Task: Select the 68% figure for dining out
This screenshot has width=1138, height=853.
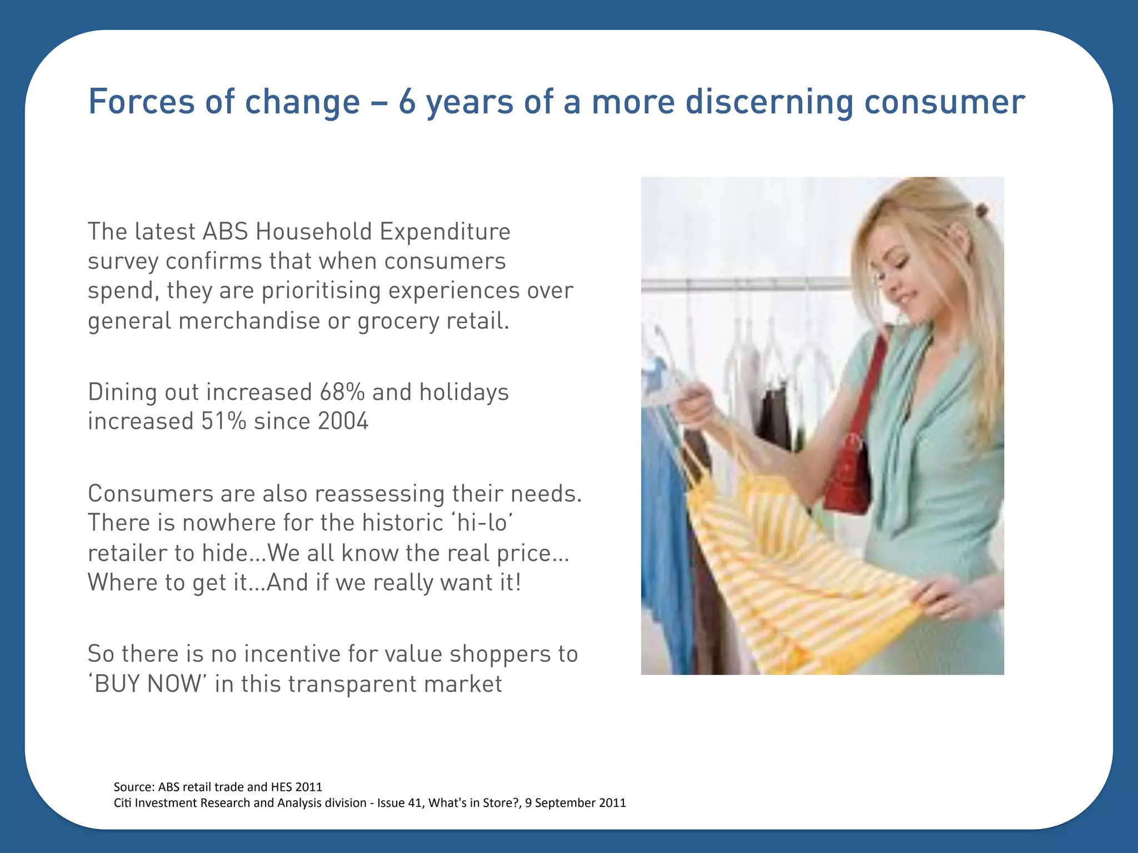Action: pyautogui.click(x=342, y=392)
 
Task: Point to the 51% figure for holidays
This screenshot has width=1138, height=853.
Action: pyautogui.click(x=223, y=422)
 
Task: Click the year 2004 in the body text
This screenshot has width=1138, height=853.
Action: pyautogui.click(x=343, y=422)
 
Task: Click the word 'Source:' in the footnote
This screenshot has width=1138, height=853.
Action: pyautogui.click(x=134, y=787)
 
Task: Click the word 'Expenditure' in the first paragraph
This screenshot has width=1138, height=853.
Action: pyautogui.click(x=445, y=232)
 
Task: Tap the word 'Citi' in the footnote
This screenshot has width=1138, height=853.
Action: pyautogui.click(x=122, y=803)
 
